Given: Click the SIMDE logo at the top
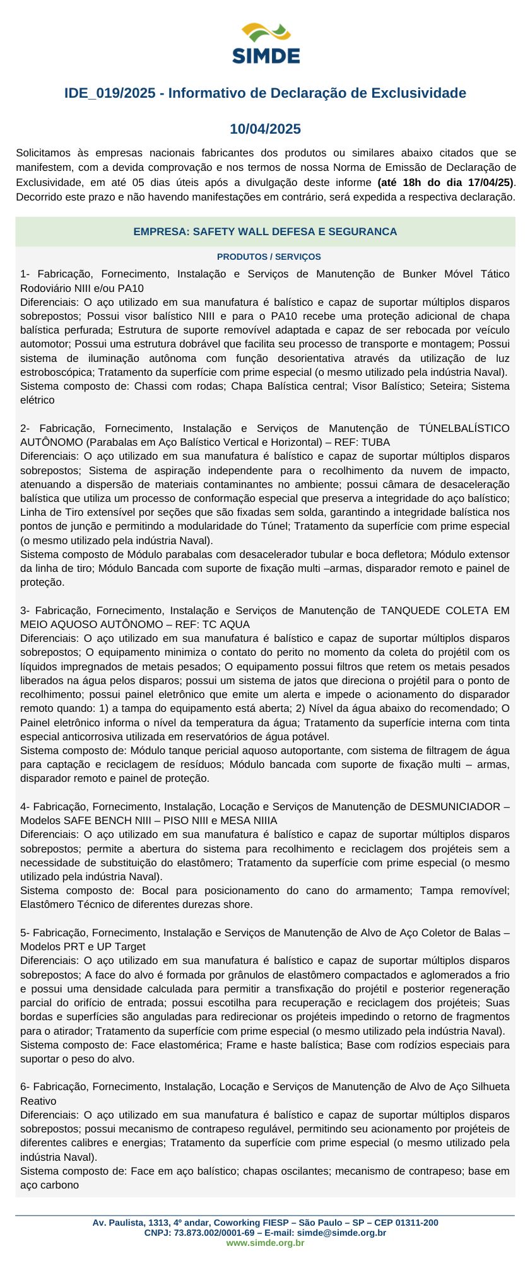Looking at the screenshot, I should point(266,43).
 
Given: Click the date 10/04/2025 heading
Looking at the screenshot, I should point(265,129).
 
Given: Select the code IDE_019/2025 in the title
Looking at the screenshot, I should point(110,93).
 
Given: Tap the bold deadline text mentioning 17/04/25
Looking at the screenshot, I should point(445,183).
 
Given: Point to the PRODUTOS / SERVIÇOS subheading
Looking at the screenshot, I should point(269,257).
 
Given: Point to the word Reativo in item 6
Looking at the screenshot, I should point(38,1101).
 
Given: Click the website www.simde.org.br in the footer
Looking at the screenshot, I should point(265,1243).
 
